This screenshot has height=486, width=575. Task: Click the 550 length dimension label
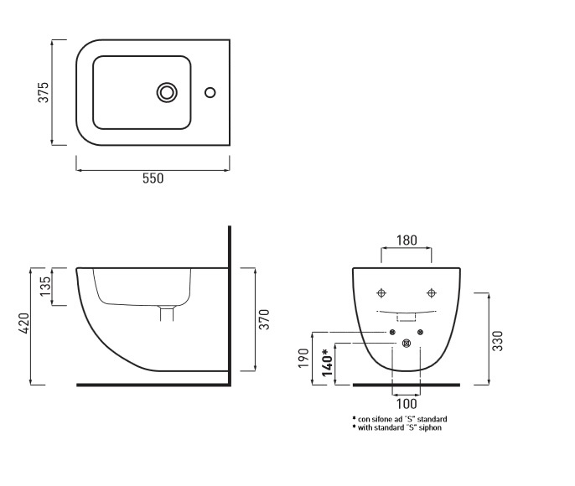click(152, 178)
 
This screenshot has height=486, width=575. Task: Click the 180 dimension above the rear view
click(407, 240)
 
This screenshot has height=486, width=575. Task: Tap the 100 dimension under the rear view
click(407, 404)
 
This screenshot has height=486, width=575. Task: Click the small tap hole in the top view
click(210, 91)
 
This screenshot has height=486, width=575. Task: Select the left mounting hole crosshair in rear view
click(381, 292)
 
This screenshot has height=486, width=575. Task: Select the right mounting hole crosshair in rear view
click(432, 292)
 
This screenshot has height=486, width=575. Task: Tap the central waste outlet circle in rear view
click(407, 343)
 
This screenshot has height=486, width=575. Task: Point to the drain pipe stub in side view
click(168, 313)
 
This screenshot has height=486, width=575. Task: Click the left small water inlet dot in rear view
click(392, 333)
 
